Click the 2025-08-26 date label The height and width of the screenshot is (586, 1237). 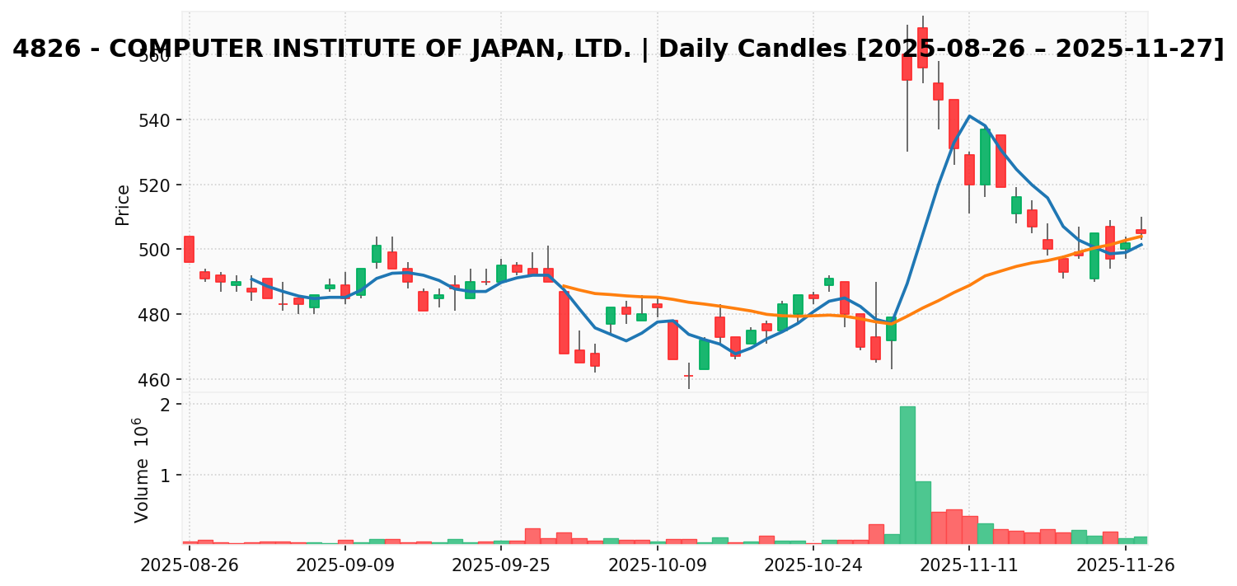click(x=189, y=565)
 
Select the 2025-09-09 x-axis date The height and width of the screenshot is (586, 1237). click(x=344, y=565)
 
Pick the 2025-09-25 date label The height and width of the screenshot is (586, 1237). click(x=501, y=565)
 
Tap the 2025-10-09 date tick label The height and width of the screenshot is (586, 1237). click(x=657, y=565)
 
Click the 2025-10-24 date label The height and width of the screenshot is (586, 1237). click(x=813, y=565)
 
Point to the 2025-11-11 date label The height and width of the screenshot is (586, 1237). click(x=969, y=565)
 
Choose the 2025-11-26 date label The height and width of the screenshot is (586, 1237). click(x=1125, y=565)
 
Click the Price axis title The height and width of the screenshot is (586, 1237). click(x=123, y=204)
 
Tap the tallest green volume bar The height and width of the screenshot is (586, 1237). click(x=907, y=475)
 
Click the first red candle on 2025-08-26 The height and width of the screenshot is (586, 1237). click(x=189, y=249)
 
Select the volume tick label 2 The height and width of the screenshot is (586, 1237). click(x=165, y=405)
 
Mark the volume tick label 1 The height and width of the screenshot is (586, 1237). click(x=165, y=476)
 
